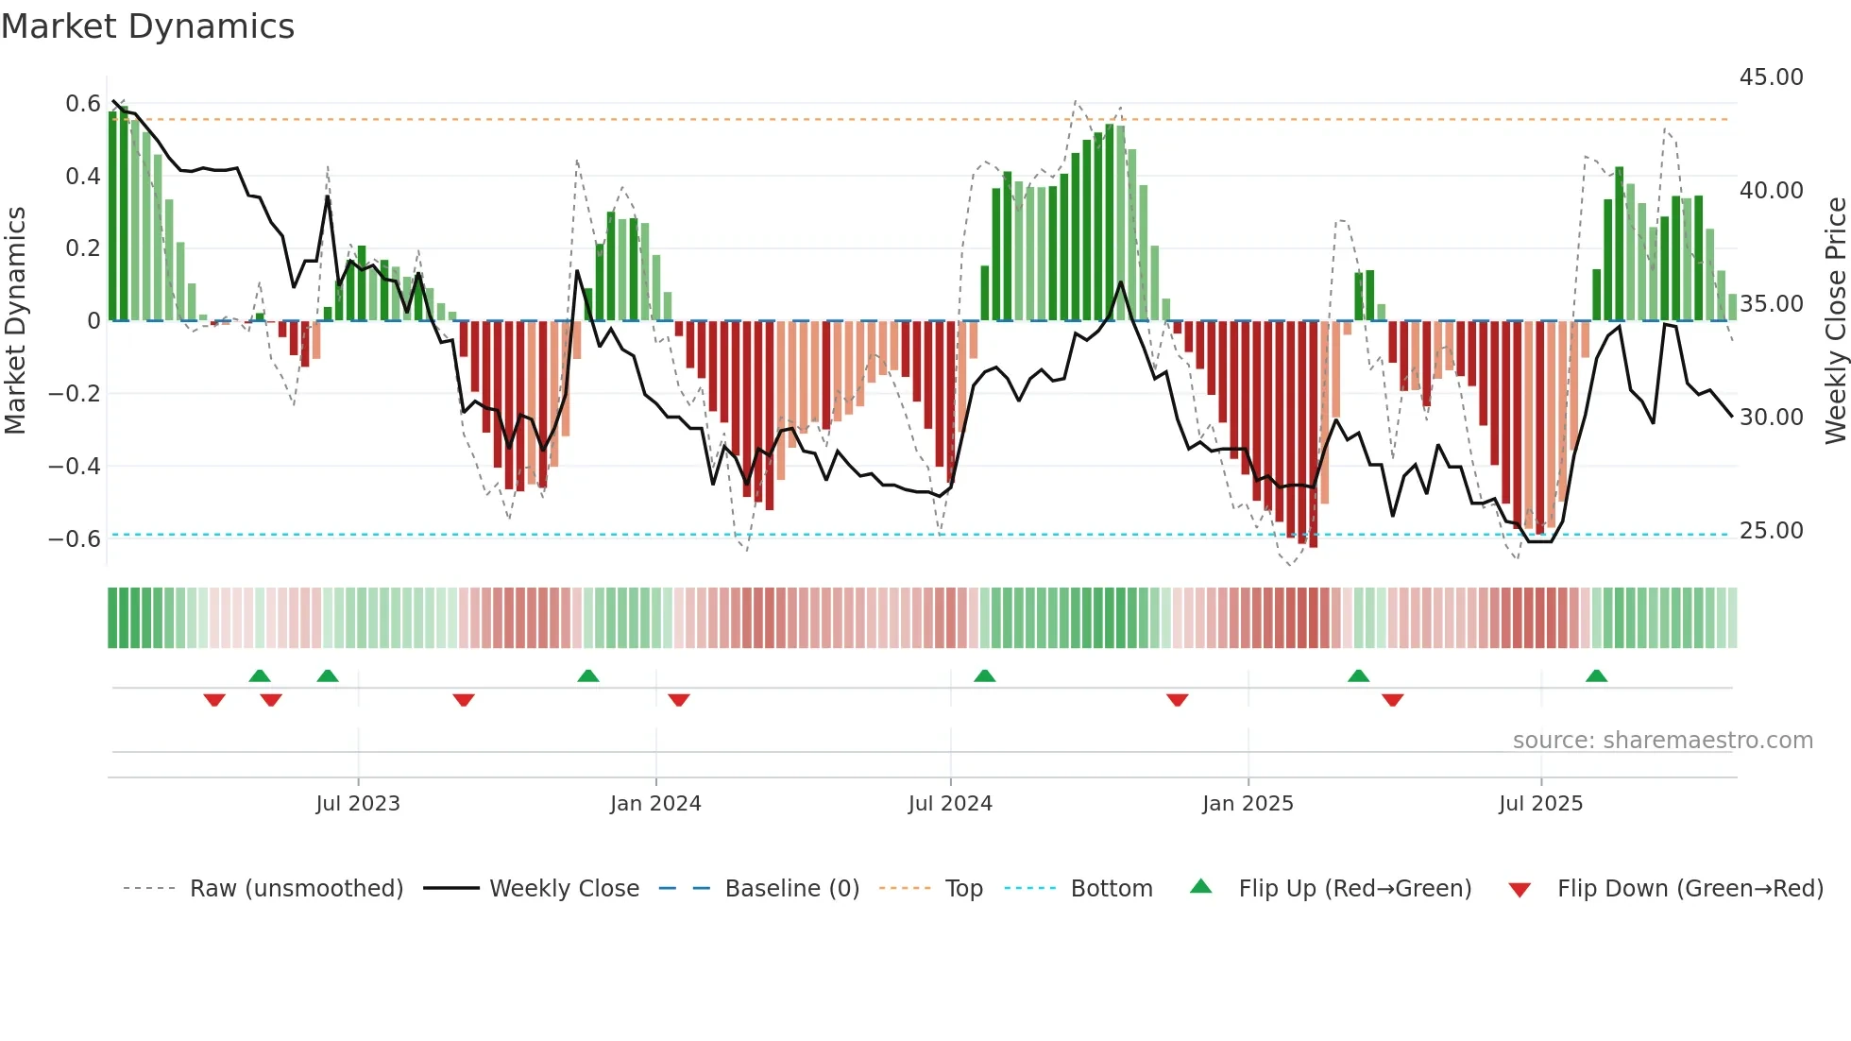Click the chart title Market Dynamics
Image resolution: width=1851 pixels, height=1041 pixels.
point(147,26)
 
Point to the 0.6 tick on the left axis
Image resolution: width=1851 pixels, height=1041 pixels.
point(83,104)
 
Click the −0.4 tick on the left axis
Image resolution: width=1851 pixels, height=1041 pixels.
point(74,466)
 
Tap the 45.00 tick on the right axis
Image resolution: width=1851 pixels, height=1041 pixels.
point(1771,77)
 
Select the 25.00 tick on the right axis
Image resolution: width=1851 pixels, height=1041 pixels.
point(1771,531)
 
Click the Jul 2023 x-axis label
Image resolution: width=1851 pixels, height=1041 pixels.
point(358,804)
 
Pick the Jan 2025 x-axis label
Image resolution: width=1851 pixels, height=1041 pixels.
point(1248,804)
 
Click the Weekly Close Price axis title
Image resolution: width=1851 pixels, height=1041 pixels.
point(1835,321)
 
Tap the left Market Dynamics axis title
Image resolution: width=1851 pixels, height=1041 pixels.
point(16,321)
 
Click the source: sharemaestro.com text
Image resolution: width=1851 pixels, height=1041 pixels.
point(1662,741)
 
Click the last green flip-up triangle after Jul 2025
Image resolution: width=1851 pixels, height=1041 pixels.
point(1596,676)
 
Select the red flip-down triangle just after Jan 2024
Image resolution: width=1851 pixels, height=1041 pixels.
point(679,700)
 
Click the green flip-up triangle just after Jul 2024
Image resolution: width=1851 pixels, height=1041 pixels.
point(984,676)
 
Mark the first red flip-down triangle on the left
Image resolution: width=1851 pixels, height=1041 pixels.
point(214,700)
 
